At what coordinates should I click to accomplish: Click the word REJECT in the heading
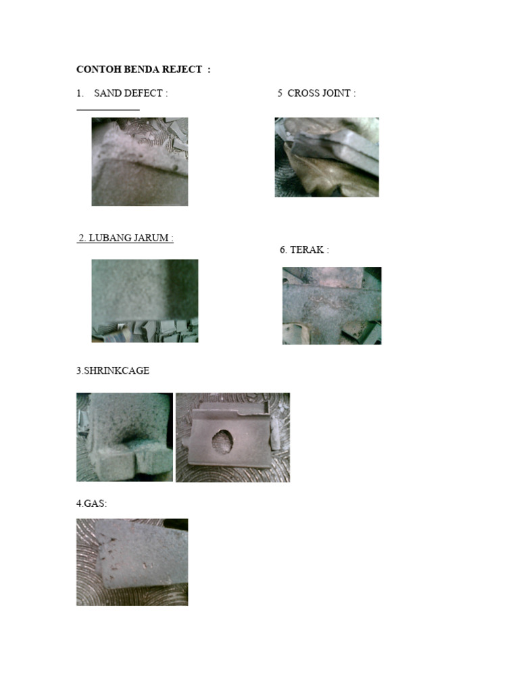point(182,70)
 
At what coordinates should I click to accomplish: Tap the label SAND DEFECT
point(130,93)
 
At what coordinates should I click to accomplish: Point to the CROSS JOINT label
point(322,93)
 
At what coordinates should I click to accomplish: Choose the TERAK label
point(310,249)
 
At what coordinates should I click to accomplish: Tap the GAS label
point(91,503)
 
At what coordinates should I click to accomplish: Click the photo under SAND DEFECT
point(140,162)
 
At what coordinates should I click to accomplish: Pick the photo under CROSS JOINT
point(326,157)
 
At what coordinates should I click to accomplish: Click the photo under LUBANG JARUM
point(145,301)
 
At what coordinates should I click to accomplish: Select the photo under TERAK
point(332,305)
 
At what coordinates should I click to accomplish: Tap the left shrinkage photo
point(124,437)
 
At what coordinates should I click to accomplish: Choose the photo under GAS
point(132,562)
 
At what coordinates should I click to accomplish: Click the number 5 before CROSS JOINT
point(280,93)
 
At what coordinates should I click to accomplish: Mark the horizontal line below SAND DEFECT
point(108,109)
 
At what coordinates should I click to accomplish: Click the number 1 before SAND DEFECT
point(79,93)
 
